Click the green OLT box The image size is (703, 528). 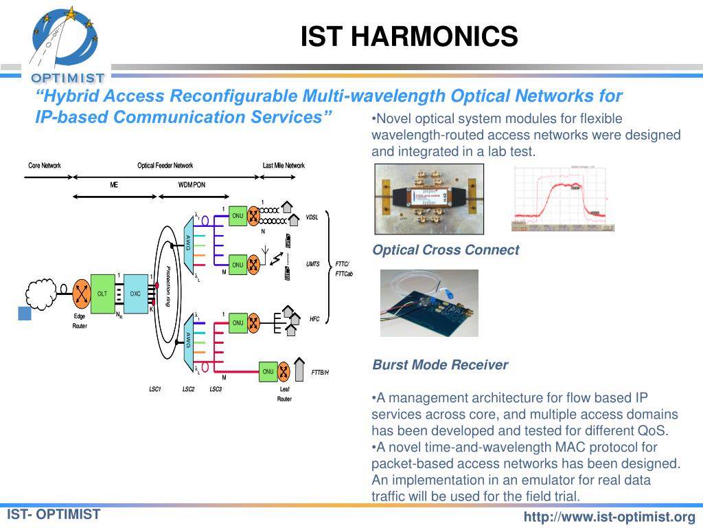pyautogui.click(x=102, y=294)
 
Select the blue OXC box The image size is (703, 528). pyautogui.click(x=135, y=294)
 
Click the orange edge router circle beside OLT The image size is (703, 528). pyautogui.click(x=81, y=294)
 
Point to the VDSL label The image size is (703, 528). pyautogui.click(x=312, y=217)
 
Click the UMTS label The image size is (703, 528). pyautogui.click(x=313, y=264)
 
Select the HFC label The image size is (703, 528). pyautogui.click(x=314, y=319)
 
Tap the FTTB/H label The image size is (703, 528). pyautogui.click(x=320, y=372)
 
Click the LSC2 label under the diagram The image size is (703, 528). pyautogui.click(x=188, y=390)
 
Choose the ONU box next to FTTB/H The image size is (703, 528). pyautogui.click(x=268, y=371)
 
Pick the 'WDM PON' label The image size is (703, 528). pyautogui.click(x=192, y=185)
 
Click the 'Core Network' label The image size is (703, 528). pyautogui.click(x=45, y=166)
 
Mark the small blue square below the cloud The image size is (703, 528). pyautogui.click(x=25, y=314)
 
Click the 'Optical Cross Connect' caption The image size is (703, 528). pyautogui.click(x=446, y=250)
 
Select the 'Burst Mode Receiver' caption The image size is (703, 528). pyautogui.click(x=440, y=365)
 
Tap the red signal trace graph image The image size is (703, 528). pyautogui.click(x=562, y=199)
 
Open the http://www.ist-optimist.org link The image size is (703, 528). pyautogui.click(x=610, y=517)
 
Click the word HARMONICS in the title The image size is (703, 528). pyautogui.click(x=439, y=37)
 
